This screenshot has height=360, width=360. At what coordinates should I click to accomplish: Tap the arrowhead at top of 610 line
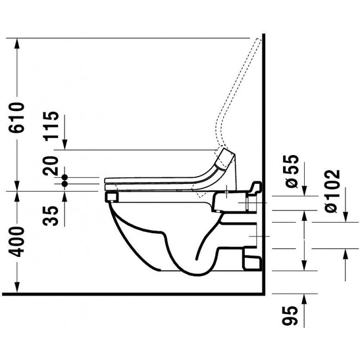coord(18,42)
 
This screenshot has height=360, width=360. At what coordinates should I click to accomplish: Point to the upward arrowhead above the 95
coord(305,298)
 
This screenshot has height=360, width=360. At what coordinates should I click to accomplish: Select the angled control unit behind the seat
coord(225,159)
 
